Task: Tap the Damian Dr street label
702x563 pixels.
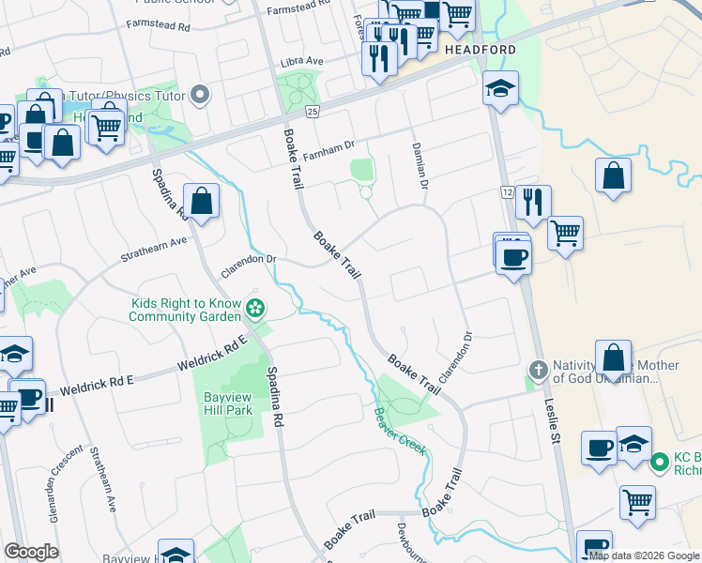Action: coord(419,167)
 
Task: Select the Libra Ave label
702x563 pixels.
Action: coord(301,62)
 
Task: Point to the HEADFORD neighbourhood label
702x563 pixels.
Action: coord(481,50)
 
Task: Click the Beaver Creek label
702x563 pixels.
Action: coord(399,430)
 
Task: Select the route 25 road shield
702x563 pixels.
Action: coord(313,111)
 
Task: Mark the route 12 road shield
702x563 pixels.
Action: coord(505,191)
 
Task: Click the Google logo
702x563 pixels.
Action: coord(31,552)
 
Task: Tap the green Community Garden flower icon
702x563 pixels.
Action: coord(253,309)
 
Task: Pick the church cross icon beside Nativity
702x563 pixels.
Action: coord(538,368)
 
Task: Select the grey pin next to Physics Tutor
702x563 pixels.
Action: coord(199,95)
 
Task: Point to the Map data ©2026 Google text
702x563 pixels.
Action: coord(644,555)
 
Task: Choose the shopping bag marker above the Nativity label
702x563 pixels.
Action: coord(613,358)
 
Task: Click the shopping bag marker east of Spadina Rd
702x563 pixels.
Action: coord(202,200)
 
